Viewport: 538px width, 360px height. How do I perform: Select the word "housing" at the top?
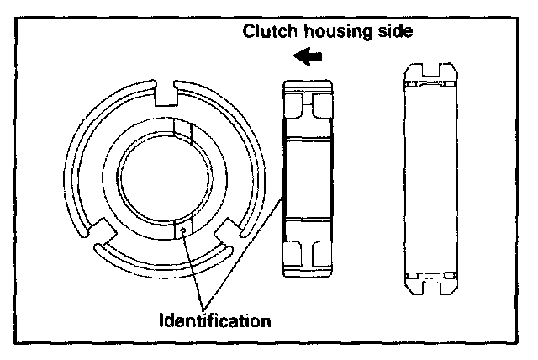335,33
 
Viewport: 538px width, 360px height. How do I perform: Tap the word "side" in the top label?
392,33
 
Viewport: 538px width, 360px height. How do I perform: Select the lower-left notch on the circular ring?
107,232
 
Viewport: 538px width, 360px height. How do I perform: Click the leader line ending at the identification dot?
191,269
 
